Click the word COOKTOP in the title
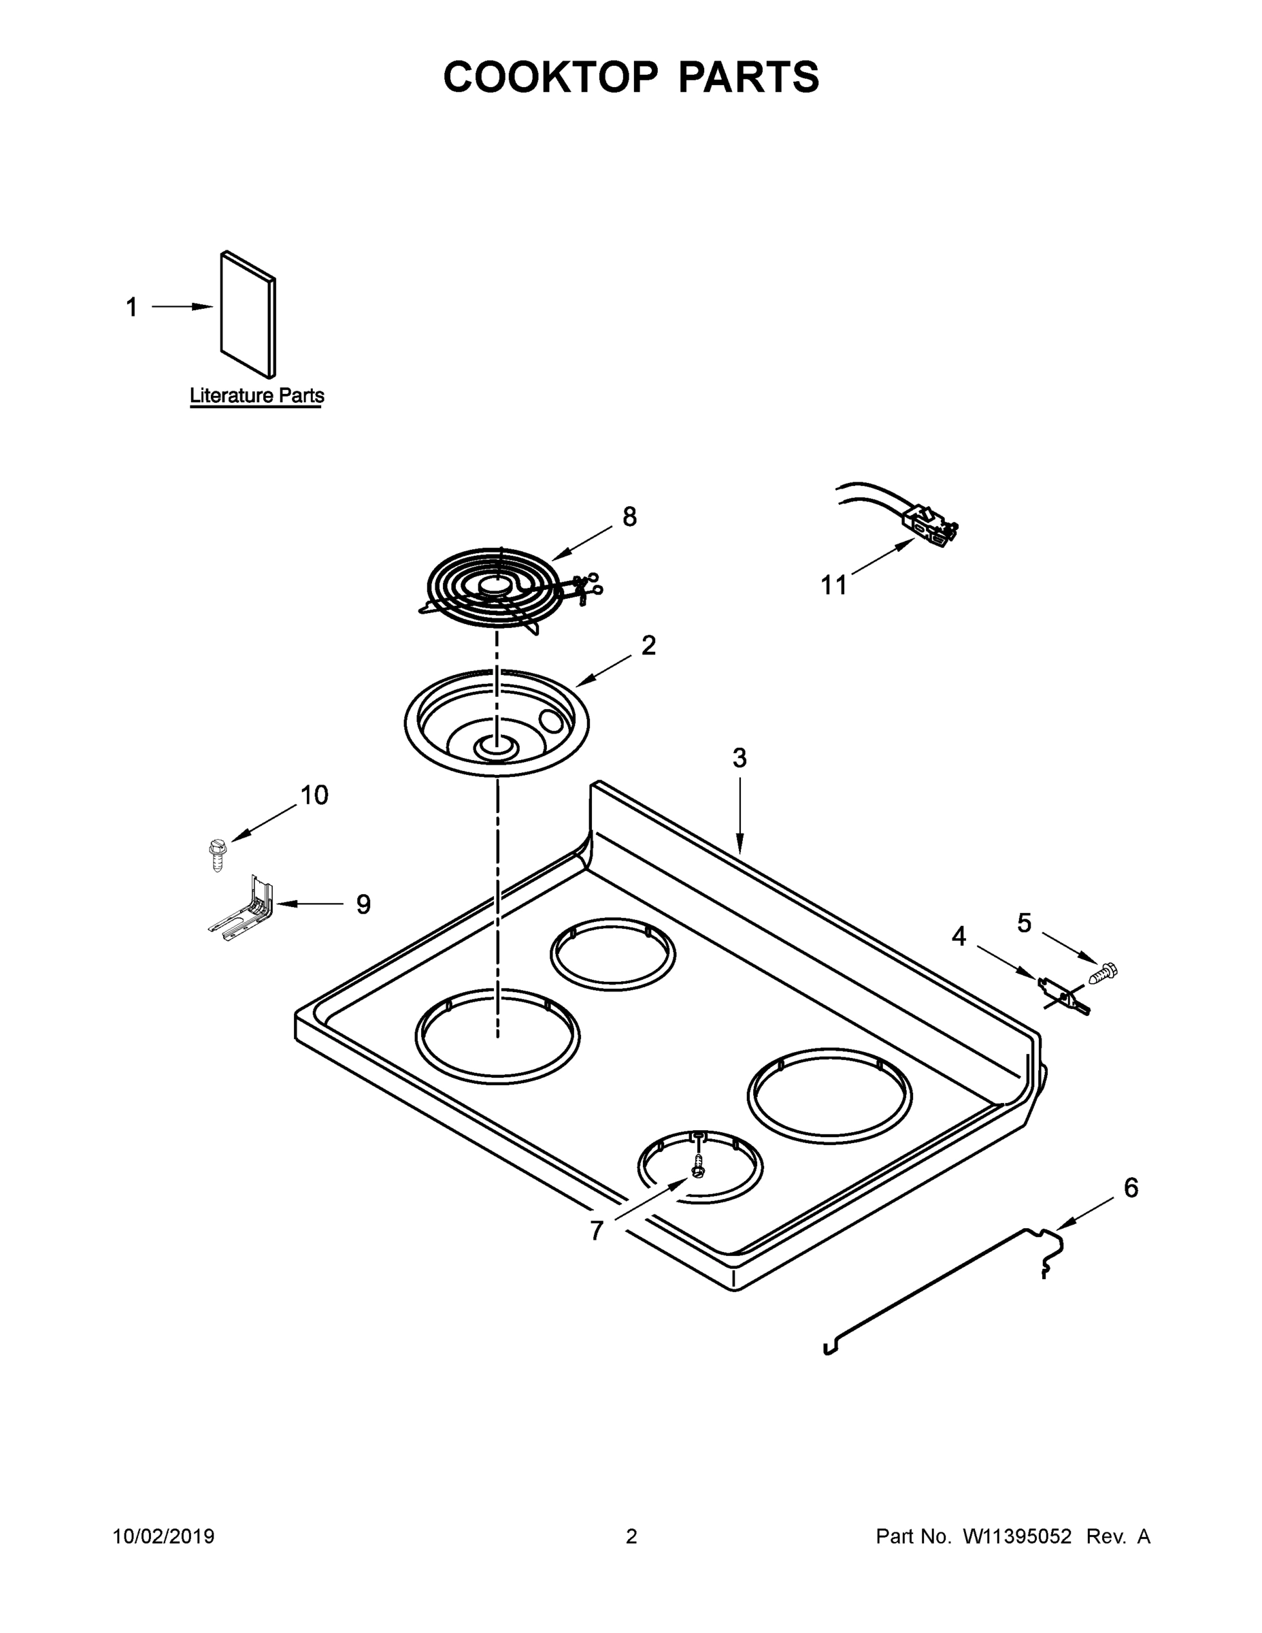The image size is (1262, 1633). pyautogui.click(x=551, y=77)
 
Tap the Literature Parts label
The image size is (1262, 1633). pyautogui.click(x=256, y=395)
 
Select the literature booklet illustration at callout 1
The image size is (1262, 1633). pyautogui.click(x=248, y=314)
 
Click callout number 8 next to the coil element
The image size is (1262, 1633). pyautogui.click(x=629, y=516)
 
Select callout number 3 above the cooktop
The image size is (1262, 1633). pyautogui.click(x=739, y=758)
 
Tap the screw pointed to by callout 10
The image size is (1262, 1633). pyautogui.click(x=216, y=854)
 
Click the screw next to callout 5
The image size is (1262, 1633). pyautogui.click(x=1104, y=973)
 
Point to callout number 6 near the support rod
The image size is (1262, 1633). pyautogui.click(x=1131, y=1187)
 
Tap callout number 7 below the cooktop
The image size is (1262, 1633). pyautogui.click(x=596, y=1231)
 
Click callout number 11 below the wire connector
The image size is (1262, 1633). pyautogui.click(x=833, y=585)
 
